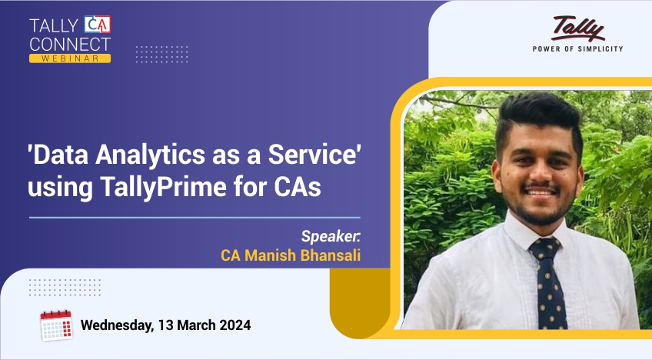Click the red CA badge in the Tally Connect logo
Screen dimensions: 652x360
point(98,25)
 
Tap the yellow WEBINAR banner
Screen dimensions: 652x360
point(70,58)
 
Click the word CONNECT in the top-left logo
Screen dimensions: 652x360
point(70,45)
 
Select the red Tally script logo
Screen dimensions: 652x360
point(577,28)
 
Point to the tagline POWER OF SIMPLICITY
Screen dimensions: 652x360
point(577,49)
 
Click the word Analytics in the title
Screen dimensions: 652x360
point(150,155)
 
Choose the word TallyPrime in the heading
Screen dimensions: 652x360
point(163,187)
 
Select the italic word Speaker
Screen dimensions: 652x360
point(330,236)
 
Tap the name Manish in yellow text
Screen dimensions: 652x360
point(270,255)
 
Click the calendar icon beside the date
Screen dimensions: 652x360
point(56,325)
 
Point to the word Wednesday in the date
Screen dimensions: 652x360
point(117,325)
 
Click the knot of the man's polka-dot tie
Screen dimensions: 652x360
point(545,247)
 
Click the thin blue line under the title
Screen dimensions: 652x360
point(195,217)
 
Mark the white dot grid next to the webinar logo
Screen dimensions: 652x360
point(161,55)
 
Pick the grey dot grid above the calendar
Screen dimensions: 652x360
point(65,288)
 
